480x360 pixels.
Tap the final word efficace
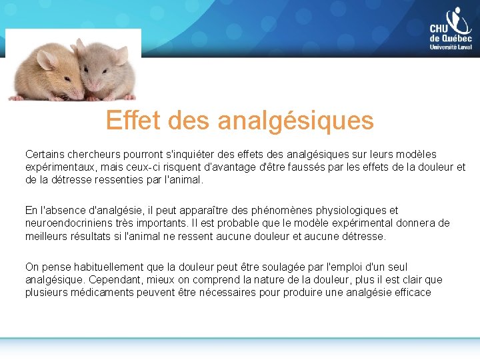click(x=409, y=293)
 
